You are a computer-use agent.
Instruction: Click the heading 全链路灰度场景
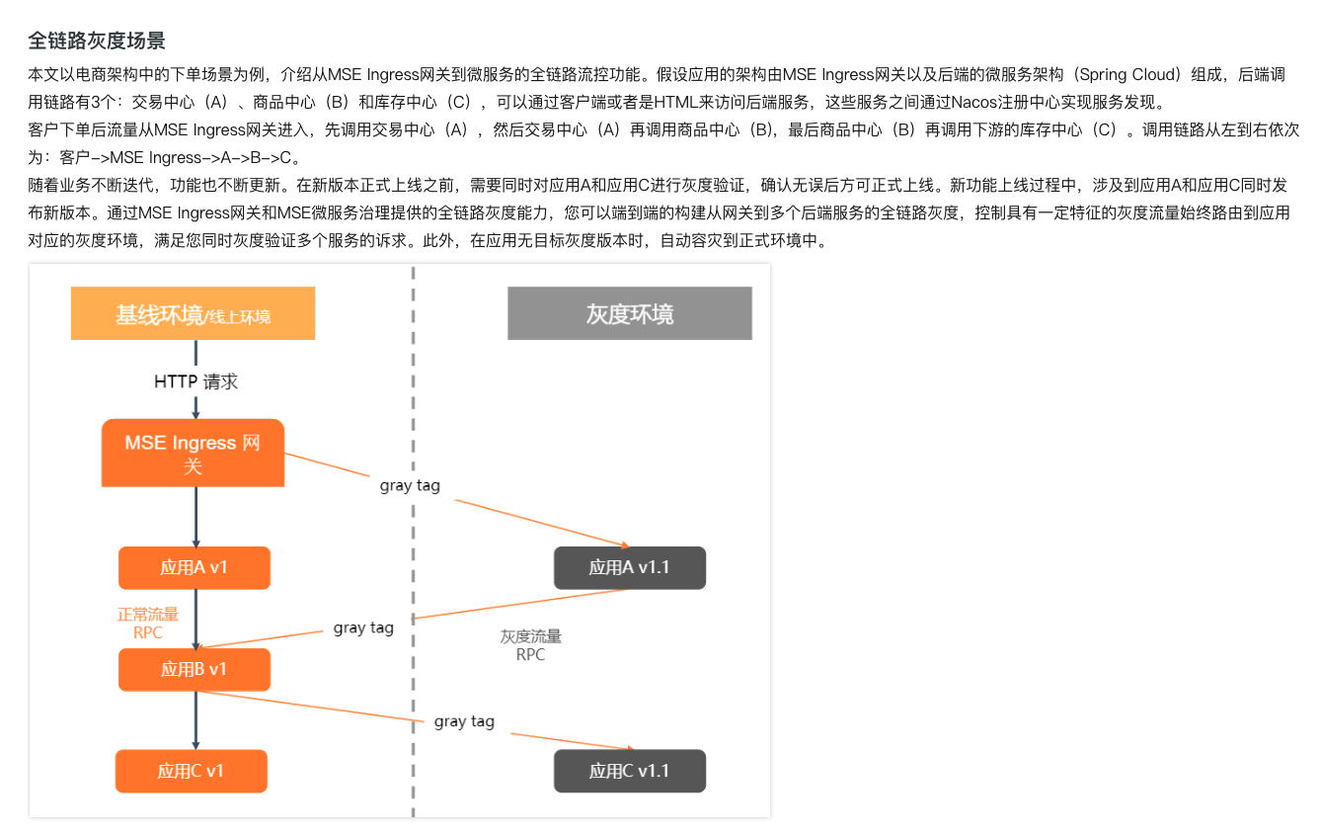coord(96,41)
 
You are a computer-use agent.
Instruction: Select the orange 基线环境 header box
coord(193,314)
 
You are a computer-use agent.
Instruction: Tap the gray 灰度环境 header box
coord(629,314)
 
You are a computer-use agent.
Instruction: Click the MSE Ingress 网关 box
coord(193,454)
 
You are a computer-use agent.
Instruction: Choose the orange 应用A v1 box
coord(194,567)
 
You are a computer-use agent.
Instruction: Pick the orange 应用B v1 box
coord(194,669)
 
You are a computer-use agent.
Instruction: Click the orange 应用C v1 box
coord(192,771)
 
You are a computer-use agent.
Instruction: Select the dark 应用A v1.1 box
coord(629,567)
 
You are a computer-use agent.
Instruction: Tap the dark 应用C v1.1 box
coord(629,771)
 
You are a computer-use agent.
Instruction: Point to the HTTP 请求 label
coord(195,381)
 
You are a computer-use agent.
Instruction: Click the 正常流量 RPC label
coord(148,624)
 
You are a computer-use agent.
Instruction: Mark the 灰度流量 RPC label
coord(530,645)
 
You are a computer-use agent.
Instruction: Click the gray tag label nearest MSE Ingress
coord(410,486)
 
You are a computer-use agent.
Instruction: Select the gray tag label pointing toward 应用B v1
coord(363,628)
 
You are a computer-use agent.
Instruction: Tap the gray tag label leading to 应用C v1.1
coord(464,721)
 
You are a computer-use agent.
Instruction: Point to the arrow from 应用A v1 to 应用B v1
coord(195,618)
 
